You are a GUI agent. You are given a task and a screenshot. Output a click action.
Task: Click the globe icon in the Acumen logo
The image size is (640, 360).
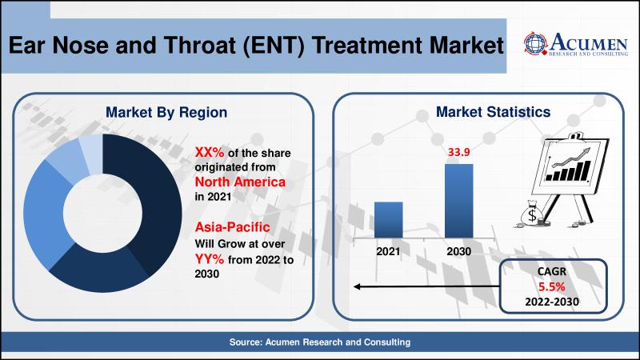(535, 44)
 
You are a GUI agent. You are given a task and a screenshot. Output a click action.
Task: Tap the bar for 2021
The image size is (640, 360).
(389, 219)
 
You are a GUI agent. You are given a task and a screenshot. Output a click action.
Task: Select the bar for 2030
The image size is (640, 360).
(458, 201)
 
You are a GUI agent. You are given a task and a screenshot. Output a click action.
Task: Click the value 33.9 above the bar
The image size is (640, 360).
(458, 152)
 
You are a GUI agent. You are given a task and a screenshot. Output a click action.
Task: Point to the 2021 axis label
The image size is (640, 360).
(388, 251)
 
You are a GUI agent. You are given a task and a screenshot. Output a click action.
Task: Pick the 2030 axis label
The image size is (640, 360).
(458, 251)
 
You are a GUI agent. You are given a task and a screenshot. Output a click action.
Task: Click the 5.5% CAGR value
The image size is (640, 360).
(551, 287)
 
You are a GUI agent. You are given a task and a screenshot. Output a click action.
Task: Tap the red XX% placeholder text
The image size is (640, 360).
(210, 152)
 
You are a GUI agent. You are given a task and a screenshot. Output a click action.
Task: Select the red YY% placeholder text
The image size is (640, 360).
(210, 258)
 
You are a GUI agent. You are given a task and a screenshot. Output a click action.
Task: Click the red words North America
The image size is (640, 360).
(240, 182)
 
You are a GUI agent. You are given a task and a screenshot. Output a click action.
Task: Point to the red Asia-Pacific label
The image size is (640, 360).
(232, 227)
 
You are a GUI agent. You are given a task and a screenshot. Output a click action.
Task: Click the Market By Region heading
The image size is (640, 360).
(166, 112)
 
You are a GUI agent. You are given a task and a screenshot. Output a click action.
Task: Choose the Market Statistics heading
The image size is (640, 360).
(493, 112)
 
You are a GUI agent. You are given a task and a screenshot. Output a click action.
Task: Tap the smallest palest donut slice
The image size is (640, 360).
(91, 153)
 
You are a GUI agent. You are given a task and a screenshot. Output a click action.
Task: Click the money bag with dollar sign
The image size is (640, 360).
(531, 214)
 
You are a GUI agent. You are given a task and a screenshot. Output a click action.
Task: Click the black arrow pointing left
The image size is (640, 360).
(426, 286)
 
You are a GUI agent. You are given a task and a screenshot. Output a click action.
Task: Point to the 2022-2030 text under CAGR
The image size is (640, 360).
(552, 302)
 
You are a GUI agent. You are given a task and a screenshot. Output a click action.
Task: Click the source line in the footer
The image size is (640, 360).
(320, 342)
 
